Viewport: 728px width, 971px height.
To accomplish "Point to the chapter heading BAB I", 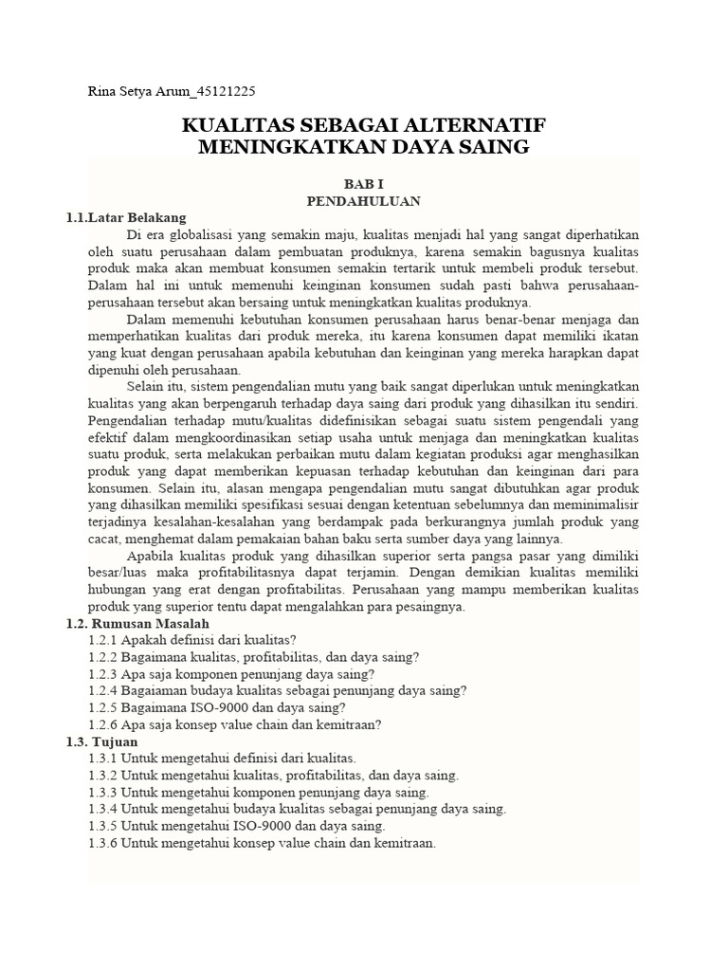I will pos(363,184).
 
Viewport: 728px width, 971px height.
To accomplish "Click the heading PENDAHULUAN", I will pos(363,201).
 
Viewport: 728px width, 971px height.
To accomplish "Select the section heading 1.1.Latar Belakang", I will pos(125,218).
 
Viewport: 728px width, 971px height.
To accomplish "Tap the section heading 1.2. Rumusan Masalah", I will pos(132,623).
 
